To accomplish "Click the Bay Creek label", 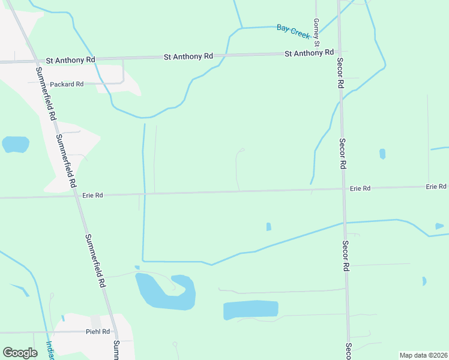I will [x=294, y=31].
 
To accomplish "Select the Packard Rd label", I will [x=67, y=85].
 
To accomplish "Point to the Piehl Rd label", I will [x=97, y=331].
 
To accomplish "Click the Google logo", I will [x=20, y=352].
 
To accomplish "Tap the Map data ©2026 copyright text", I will [x=423, y=355].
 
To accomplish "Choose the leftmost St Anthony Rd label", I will [x=70, y=60].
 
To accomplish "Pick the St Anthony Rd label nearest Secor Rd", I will [x=309, y=53].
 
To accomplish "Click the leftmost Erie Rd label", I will [x=92, y=195].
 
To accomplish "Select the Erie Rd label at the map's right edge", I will [x=436, y=187].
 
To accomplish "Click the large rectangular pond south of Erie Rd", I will [x=250, y=310].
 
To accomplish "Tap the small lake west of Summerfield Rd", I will [x=16, y=144].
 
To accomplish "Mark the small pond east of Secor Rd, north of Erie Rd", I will [x=382, y=154].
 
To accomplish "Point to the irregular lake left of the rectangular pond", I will [x=162, y=292].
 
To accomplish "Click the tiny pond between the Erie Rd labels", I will [x=268, y=227].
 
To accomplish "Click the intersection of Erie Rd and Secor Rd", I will [x=343, y=189].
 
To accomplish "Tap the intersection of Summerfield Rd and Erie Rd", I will [x=77, y=196].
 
